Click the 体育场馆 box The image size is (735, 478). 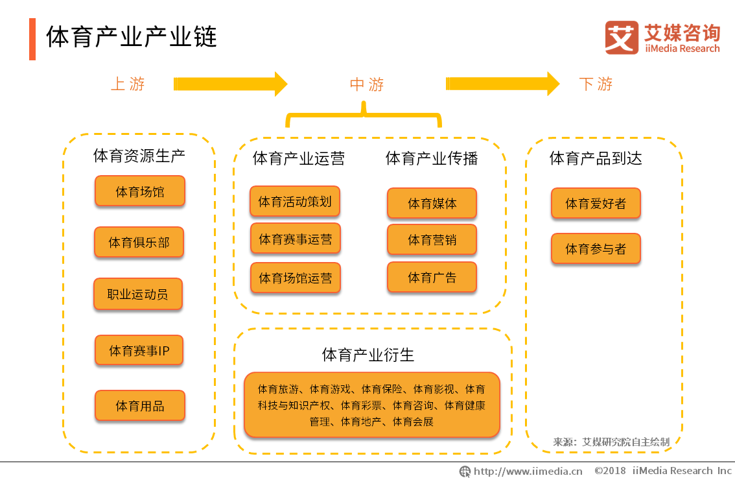coord(139,191)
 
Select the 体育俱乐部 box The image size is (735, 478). coord(139,243)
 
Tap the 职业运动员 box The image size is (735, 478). coord(137,294)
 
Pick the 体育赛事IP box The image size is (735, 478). coord(139,351)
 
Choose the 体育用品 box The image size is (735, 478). coord(139,406)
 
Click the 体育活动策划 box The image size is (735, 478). coord(295,202)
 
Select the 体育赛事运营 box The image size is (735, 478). coord(295,239)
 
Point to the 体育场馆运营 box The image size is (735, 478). coord(295,278)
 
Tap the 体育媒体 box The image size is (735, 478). coord(432,204)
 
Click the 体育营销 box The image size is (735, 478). coord(432,240)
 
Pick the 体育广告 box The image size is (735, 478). coord(432,278)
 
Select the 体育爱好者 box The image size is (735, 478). coord(596,204)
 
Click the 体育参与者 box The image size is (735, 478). coord(596,249)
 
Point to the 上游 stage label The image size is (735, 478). coord(128,84)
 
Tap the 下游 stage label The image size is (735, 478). coord(596,84)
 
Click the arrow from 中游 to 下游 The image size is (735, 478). coord(502,84)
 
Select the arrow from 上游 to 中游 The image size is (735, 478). coord(230,84)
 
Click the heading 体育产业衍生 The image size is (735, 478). coord(367,355)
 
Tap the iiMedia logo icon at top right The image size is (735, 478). coord(622,38)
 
